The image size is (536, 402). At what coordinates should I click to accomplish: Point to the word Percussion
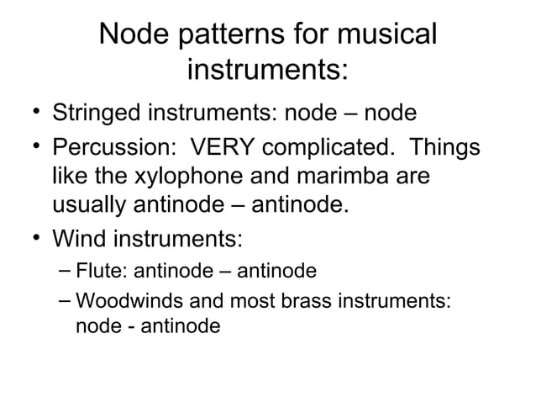[110, 148]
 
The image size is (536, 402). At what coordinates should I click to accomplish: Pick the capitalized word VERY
[222, 148]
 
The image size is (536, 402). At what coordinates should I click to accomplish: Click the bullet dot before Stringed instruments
[31, 113]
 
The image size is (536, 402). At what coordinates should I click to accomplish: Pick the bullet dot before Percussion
[31, 148]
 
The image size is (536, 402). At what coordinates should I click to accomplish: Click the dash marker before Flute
[66, 272]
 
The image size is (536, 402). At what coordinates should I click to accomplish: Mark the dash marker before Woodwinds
[66, 300]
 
